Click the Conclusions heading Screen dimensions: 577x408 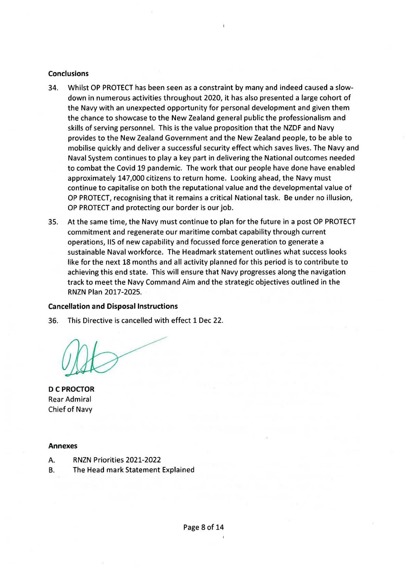click(x=68, y=74)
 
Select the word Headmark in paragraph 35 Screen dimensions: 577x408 click(x=197, y=252)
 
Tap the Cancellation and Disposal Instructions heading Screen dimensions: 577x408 click(x=113, y=306)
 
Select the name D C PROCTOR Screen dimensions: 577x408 click(x=71, y=389)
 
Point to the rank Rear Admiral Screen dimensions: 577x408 click(x=70, y=399)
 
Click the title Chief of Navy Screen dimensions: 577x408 click(x=70, y=409)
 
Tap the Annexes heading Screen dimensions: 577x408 click(x=63, y=446)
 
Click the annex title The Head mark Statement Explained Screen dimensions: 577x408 click(x=133, y=470)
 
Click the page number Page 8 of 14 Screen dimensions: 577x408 click(x=204, y=527)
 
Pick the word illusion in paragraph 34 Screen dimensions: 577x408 click(x=339, y=198)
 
